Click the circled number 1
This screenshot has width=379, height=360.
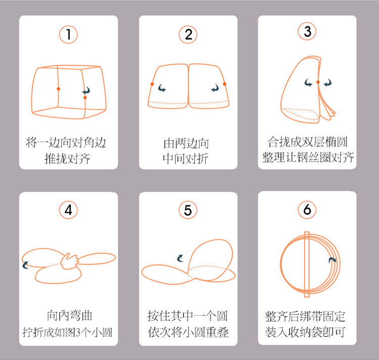click(68, 34)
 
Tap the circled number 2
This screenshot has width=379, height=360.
click(188, 34)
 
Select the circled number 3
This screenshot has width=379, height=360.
click(307, 31)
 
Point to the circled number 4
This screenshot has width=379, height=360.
click(68, 210)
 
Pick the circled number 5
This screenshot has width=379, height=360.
click(188, 210)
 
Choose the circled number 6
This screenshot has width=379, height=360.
click(307, 210)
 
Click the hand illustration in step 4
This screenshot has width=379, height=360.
click(70, 261)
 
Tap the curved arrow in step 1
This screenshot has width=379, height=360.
click(86, 90)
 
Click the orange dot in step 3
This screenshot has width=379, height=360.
click(318, 82)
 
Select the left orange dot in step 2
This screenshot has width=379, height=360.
click(152, 84)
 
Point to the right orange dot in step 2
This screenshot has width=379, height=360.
click(224, 84)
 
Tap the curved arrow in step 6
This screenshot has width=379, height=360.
click(333, 260)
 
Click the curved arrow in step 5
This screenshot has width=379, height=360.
click(180, 258)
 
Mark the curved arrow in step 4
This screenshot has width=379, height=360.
click(25, 265)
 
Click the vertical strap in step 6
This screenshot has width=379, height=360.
click(307, 265)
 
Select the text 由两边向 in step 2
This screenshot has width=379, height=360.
click(186, 144)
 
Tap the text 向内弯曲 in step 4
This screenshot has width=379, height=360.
click(70, 316)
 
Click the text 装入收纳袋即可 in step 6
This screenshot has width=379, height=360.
click(305, 332)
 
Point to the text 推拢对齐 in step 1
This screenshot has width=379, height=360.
click(68, 159)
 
